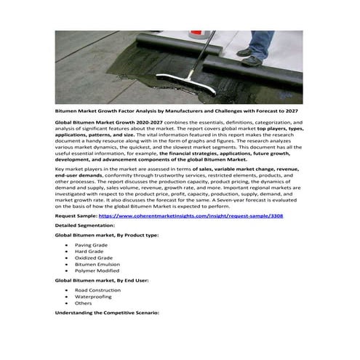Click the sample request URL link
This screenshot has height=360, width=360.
click(x=191, y=217)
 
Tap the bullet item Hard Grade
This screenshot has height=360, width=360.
click(x=89, y=252)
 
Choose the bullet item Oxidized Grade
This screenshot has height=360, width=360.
click(x=93, y=258)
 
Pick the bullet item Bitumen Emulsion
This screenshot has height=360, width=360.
click(x=96, y=265)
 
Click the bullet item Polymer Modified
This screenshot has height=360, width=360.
click(x=96, y=271)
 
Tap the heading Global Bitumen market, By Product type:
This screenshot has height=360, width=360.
click(x=111, y=236)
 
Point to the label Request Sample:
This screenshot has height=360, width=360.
click(x=76, y=217)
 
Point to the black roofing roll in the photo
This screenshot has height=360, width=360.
click(x=255, y=73)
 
